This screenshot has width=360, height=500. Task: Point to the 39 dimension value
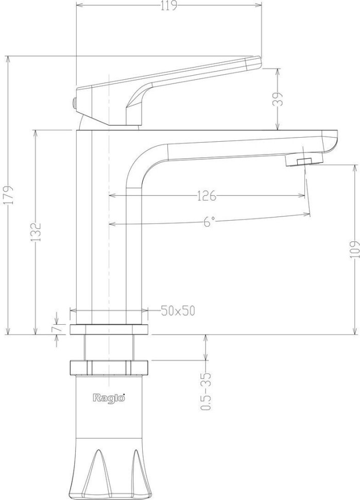click(x=278, y=99)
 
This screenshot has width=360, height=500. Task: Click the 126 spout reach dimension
click(x=206, y=196)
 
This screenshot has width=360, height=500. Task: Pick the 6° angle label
click(x=208, y=222)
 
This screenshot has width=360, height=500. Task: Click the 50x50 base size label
click(x=178, y=311)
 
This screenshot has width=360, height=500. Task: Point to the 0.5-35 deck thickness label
click(x=207, y=391)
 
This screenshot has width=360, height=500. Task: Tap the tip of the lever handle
click(x=254, y=63)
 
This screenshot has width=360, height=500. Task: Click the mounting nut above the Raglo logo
click(x=109, y=368)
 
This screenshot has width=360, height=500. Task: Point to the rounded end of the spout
click(x=331, y=142)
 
